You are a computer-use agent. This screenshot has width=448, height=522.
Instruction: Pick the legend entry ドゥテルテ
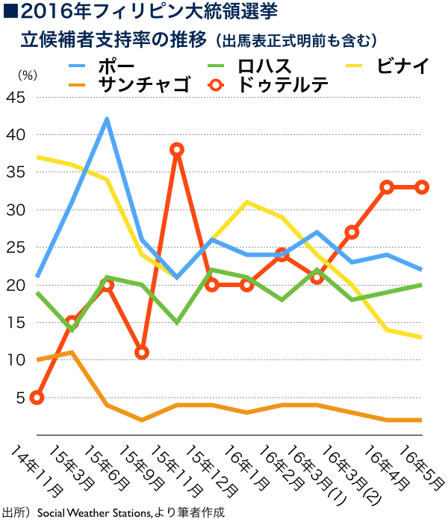(x=283, y=85)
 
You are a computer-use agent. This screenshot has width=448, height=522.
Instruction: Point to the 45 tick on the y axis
(x=15, y=98)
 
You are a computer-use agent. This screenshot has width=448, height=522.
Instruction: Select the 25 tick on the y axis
(x=15, y=248)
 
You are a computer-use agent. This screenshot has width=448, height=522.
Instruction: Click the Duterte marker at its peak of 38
(x=177, y=150)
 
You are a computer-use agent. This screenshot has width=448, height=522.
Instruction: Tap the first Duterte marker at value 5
(x=37, y=397)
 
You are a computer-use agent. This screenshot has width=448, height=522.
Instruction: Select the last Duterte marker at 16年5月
(x=422, y=187)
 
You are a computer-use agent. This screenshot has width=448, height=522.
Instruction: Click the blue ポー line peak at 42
(x=108, y=119)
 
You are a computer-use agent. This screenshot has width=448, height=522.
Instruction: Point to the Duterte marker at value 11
(x=142, y=352)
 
